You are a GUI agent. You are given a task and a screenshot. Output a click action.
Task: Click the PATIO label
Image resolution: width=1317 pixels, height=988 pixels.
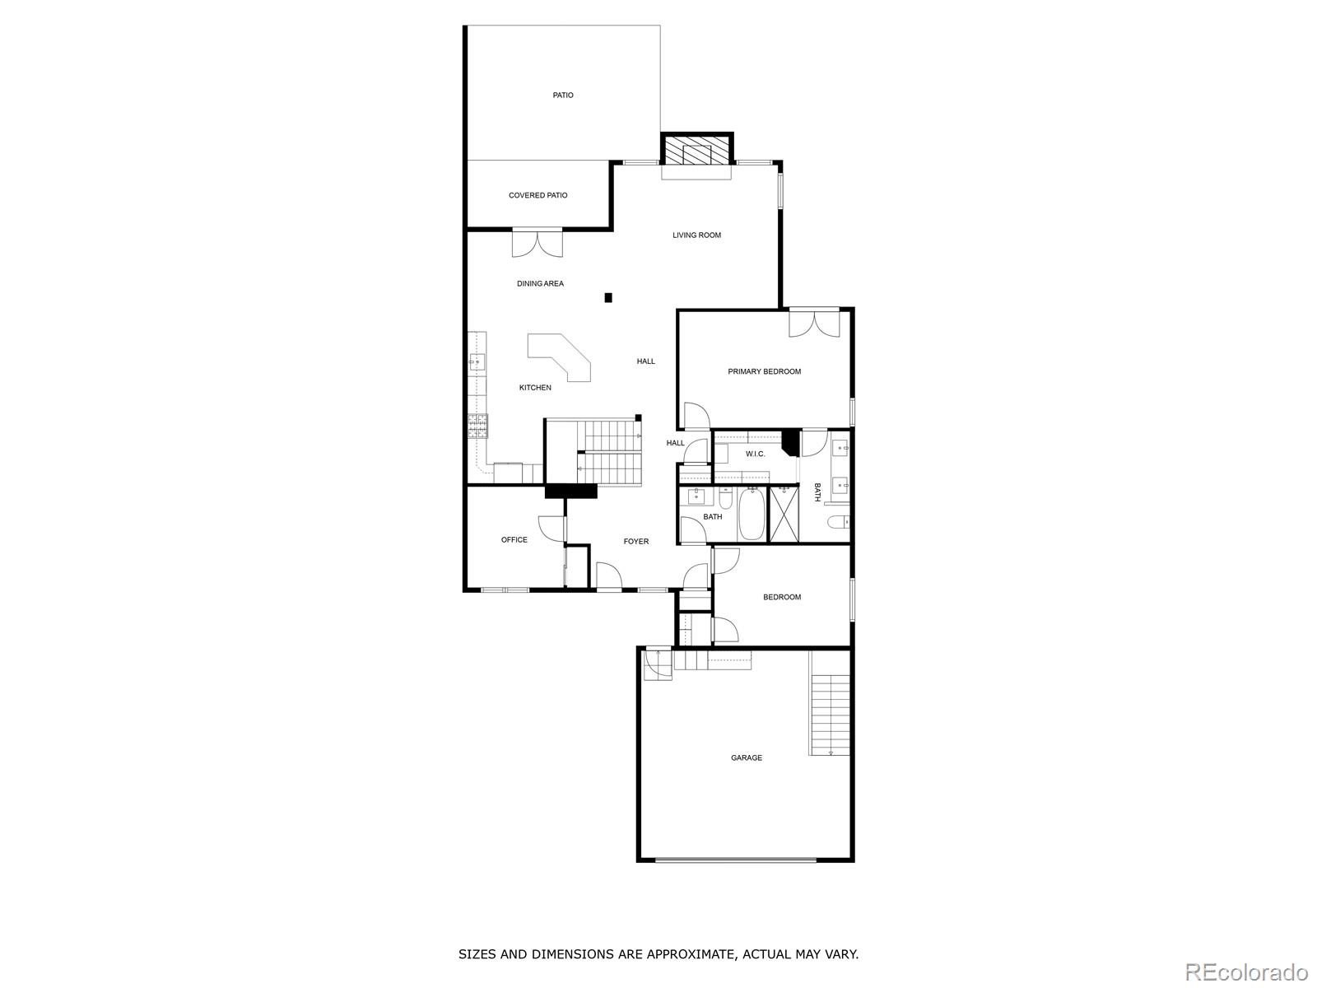click(563, 95)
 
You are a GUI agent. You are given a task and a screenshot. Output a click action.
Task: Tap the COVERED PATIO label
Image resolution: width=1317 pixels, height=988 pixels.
click(538, 195)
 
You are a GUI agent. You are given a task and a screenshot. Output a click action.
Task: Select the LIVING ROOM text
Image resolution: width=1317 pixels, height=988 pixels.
click(696, 235)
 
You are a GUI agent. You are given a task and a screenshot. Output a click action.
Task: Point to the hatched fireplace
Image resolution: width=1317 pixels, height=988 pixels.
click(696, 149)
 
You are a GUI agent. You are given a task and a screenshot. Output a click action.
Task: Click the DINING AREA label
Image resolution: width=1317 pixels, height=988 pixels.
click(540, 284)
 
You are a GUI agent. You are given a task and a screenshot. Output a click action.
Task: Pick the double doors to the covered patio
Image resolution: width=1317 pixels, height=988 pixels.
click(538, 242)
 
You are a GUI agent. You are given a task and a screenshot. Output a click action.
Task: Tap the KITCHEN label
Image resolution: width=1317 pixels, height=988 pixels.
click(535, 388)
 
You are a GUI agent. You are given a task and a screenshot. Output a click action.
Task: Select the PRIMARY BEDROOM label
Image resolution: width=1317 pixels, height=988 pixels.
click(765, 371)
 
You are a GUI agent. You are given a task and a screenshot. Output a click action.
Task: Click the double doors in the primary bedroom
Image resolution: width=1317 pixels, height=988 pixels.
click(814, 323)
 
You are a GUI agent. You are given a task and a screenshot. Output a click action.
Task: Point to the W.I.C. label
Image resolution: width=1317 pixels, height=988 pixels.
click(756, 454)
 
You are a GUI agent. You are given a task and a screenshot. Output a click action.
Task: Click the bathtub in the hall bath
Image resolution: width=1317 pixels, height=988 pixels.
click(751, 514)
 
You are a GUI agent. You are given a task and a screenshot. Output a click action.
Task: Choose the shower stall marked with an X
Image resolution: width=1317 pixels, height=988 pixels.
click(784, 514)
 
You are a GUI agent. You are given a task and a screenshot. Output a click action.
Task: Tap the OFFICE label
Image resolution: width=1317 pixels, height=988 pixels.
click(514, 540)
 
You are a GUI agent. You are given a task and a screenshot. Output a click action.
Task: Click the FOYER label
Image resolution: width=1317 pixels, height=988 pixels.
click(636, 541)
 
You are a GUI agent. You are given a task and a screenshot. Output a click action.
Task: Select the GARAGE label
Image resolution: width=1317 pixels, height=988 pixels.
click(747, 757)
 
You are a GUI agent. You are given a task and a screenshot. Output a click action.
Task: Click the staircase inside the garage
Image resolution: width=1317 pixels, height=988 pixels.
click(831, 715)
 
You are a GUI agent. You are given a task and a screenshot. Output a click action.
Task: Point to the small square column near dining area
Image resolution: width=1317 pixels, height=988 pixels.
click(607, 297)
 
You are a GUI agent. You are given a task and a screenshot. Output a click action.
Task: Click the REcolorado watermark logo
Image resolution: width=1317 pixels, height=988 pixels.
click(1246, 972)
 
